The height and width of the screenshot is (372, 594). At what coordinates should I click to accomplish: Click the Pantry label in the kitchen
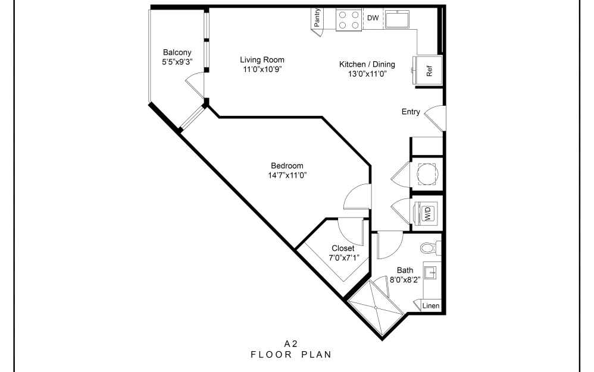[318, 18]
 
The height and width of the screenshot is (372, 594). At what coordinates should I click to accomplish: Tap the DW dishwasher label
[373, 18]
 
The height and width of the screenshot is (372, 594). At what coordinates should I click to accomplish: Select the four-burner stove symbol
[349, 19]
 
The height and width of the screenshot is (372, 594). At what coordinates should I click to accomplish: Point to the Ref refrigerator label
[429, 71]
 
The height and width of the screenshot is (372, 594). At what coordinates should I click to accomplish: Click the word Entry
[411, 112]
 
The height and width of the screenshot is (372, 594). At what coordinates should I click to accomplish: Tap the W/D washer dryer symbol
[429, 213]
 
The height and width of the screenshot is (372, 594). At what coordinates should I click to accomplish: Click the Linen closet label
[431, 306]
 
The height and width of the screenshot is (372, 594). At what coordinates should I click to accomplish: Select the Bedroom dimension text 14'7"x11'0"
[287, 175]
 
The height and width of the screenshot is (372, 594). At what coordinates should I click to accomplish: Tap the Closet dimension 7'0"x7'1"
[343, 257]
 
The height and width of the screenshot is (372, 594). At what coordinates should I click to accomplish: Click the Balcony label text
[177, 52]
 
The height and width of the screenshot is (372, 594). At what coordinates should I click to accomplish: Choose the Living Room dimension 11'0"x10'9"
[262, 69]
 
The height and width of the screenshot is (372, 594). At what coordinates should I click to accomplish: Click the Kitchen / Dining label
[367, 64]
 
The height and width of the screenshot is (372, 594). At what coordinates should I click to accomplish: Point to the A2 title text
[290, 343]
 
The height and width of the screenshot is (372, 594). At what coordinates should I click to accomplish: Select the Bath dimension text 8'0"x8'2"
[405, 279]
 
